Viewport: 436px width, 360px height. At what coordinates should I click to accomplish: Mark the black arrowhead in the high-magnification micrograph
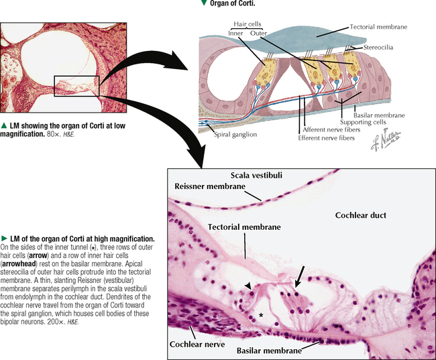pos(248,287)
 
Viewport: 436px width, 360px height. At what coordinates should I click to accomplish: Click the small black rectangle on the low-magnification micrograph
pos(76,86)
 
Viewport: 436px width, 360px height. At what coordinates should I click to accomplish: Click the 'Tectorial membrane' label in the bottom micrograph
pos(243,227)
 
